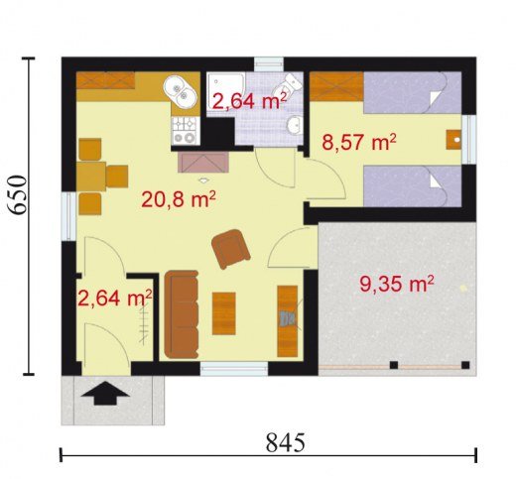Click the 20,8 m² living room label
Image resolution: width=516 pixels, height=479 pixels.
coord(179,199)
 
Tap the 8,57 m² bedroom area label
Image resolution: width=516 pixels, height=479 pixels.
coord(359,142)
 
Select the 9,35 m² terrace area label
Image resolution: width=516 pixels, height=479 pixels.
coord(397,285)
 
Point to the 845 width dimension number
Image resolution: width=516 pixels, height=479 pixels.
coord(285,442)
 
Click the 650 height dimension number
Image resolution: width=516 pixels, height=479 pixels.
coord(17,194)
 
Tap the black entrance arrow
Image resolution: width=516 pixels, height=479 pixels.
coord(105,393)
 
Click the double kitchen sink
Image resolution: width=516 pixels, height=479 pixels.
coord(180,92)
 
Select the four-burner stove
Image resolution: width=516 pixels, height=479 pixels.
coord(185,131)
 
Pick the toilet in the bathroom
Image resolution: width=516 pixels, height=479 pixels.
coord(289,84)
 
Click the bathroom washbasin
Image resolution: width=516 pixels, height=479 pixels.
coord(294,125)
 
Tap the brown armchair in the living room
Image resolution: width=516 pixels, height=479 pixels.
coord(230,248)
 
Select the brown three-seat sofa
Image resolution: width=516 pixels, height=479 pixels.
coord(182,314)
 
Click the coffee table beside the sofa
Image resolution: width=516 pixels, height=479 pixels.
coord(224,313)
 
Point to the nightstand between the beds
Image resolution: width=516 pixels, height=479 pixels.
coord(453,140)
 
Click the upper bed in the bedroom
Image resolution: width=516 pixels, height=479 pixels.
coord(413,93)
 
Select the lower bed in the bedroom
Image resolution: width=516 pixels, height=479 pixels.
coord(413,186)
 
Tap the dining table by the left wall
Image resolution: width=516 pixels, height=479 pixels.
coord(91,177)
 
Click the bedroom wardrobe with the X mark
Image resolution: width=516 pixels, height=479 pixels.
coord(336,86)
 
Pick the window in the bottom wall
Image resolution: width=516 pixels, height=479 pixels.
coord(234,369)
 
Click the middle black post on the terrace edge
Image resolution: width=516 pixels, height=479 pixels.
coord(394,365)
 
